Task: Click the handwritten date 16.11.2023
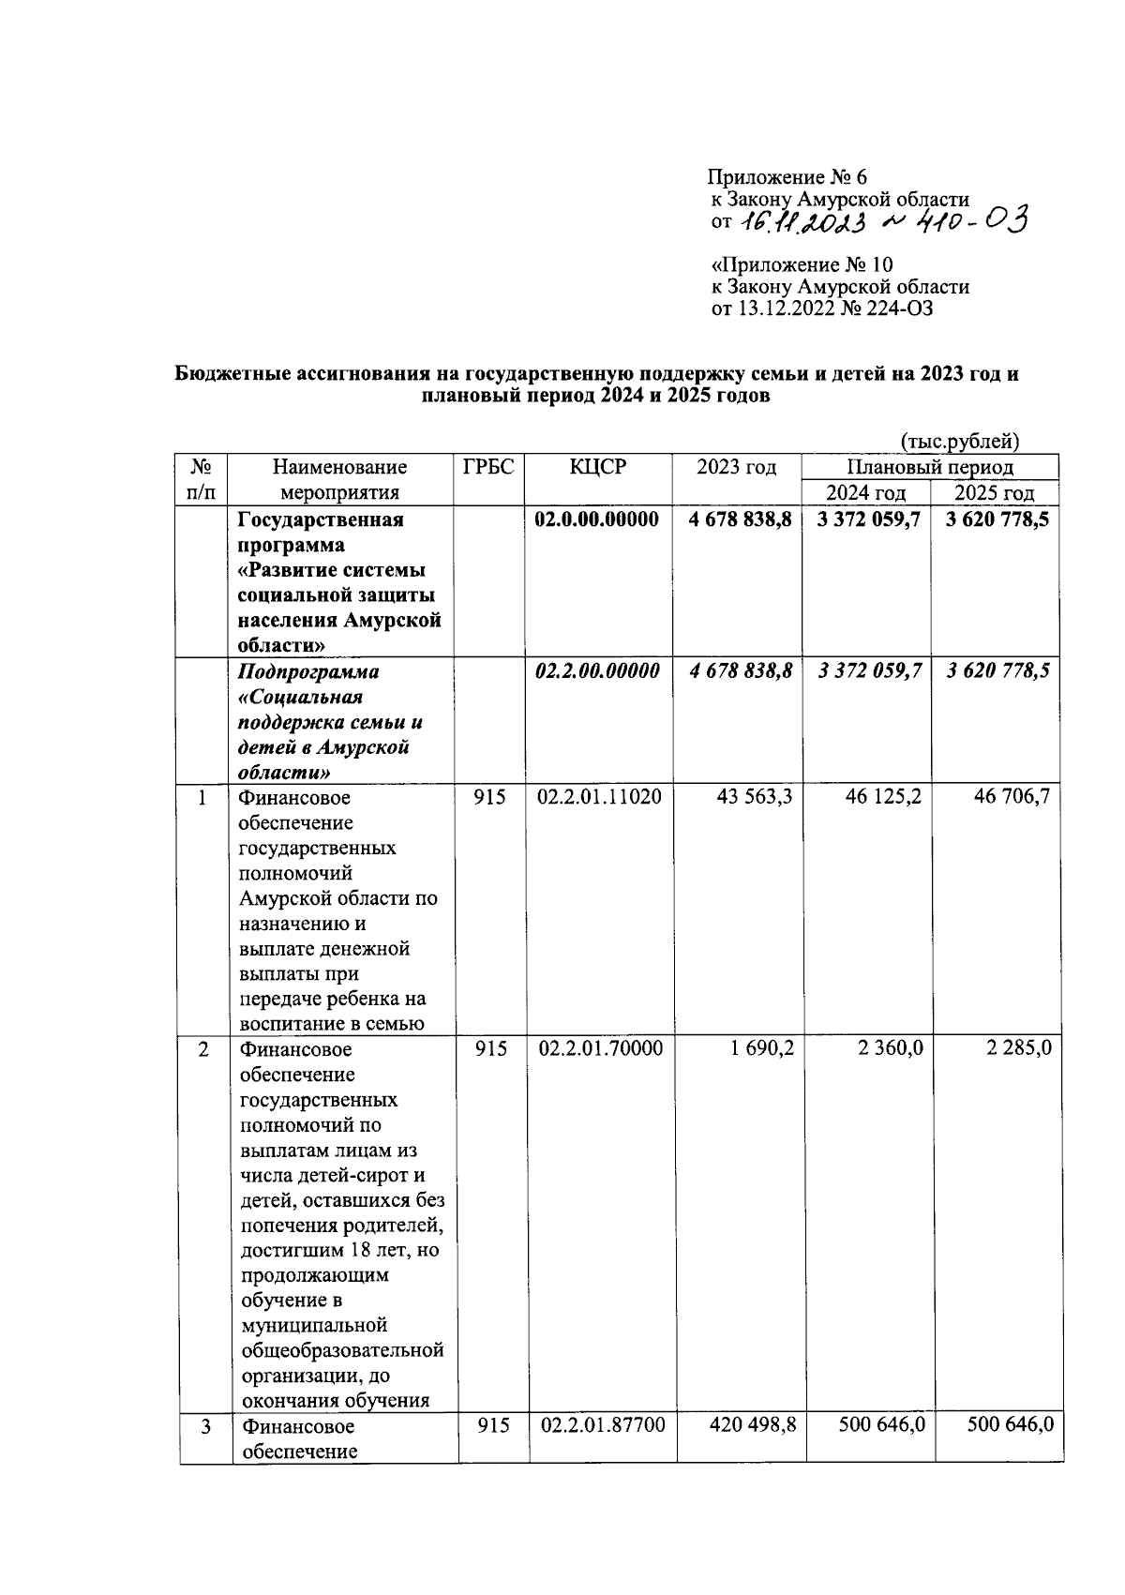(x=804, y=222)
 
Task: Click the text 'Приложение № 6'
(x=787, y=177)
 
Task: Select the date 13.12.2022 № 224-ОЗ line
(x=822, y=308)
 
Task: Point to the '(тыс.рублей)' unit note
(x=959, y=441)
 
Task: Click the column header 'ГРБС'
(x=488, y=467)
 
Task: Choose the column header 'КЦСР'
(x=597, y=467)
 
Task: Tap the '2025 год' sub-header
(x=994, y=492)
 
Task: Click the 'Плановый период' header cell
(x=929, y=467)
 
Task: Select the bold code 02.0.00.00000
(x=596, y=519)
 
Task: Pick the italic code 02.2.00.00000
(x=596, y=671)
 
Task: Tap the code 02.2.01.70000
(x=600, y=1048)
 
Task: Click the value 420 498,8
(x=753, y=1425)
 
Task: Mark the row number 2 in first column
(x=203, y=1048)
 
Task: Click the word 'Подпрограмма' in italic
(x=308, y=672)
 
